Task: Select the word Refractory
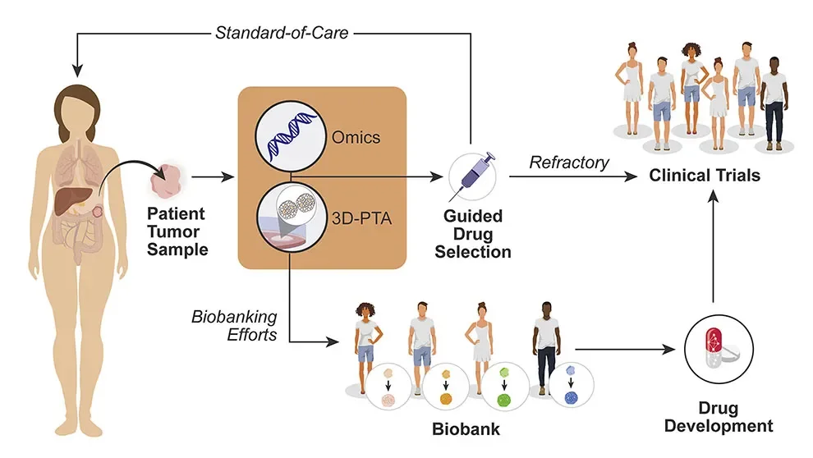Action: [569, 162]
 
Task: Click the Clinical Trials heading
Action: [705, 175]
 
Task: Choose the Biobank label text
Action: [466, 428]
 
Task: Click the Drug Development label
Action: [718, 418]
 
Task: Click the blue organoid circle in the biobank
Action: [571, 388]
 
